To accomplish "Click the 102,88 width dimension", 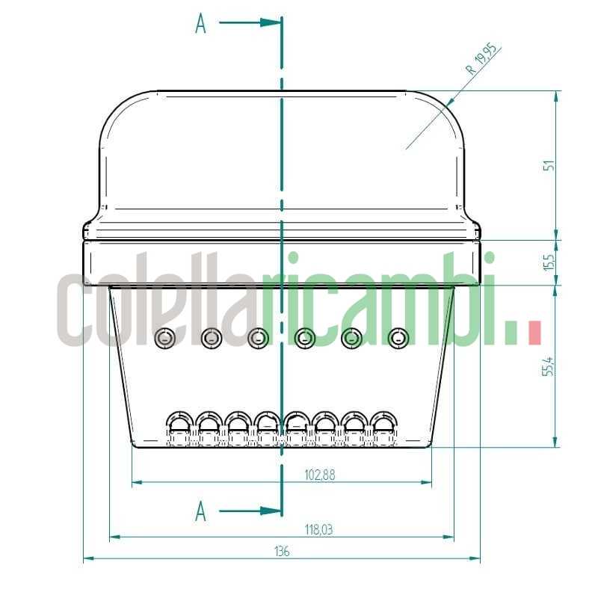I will pyautogui.click(x=320, y=473).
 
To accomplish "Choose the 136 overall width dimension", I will pyautogui.click(x=281, y=551).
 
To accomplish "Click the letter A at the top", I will pyautogui.click(x=200, y=24).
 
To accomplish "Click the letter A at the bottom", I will pyautogui.click(x=200, y=512).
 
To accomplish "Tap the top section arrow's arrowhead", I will pyautogui.click(x=274, y=22).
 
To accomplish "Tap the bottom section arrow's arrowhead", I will pyautogui.click(x=274, y=511).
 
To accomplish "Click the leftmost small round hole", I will pyautogui.click(x=164, y=339).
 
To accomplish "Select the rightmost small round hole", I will pyautogui.click(x=399, y=339).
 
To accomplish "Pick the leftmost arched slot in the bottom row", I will pyautogui.click(x=179, y=426).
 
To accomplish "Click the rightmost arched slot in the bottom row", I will pyautogui.click(x=383, y=426).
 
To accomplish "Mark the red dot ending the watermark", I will pyautogui.click(x=534, y=333).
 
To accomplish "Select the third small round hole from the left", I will pyautogui.click(x=258, y=339).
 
